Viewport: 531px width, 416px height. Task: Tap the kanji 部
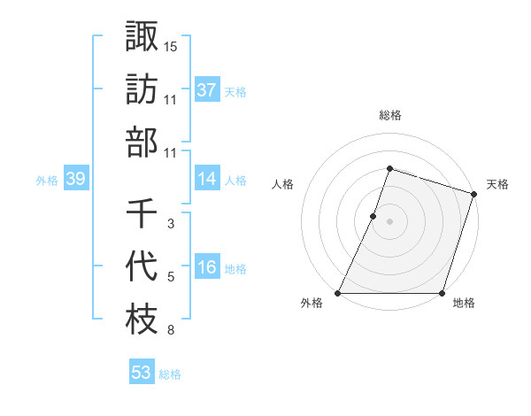point(142,142)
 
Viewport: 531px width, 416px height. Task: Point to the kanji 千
point(142,213)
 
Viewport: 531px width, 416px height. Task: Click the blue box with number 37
point(207,90)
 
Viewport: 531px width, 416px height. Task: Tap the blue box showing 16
point(207,268)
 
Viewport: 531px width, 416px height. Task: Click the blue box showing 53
point(142,373)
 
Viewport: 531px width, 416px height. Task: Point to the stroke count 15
point(171,45)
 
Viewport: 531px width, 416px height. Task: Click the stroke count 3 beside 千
point(171,224)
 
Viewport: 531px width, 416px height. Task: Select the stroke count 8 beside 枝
point(171,331)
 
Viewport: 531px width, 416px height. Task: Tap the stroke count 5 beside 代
point(171,278)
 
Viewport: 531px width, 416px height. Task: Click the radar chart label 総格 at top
point(389,115)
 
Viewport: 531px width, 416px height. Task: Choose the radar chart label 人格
point(283,184)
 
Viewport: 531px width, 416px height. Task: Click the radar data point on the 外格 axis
point(338,293)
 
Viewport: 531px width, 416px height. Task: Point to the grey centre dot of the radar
point(389,222)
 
